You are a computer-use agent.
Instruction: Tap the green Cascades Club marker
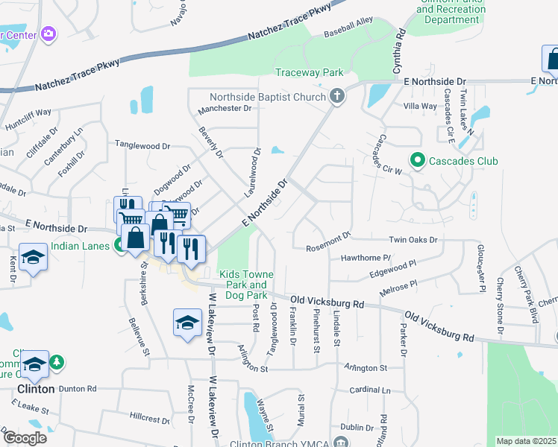[417, 160]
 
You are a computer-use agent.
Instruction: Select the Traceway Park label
[309, 72]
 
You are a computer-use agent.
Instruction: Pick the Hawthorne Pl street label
[366, 258]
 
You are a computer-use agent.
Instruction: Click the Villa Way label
[419, 106]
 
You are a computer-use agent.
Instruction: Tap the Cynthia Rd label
[399, 45]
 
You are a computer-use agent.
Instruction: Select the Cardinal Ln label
[370, 390]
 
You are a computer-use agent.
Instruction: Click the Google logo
[24, 437]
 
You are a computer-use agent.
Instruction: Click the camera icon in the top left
[49, 33]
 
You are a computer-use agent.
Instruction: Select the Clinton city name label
[35, 389]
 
